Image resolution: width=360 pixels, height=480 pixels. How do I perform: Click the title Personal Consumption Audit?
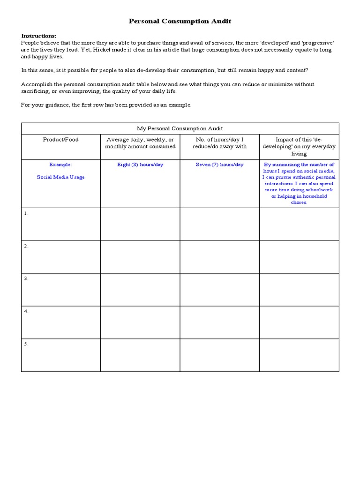pos(180,22)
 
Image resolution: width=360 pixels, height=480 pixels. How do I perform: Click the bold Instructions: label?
pos(38,36)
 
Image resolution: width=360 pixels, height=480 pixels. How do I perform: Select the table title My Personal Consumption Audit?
pos(180,128)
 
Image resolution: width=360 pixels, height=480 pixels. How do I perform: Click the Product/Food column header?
pos(61,140)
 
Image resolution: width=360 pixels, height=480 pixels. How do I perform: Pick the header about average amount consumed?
pos(140,143)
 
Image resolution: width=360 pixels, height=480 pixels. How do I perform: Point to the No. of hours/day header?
pos(219,143)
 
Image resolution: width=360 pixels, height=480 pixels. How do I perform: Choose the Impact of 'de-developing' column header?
pos(299,146)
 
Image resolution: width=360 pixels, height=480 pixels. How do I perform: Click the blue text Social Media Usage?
pos(61,177)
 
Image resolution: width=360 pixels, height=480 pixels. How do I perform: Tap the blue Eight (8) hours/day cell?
pos(140,165)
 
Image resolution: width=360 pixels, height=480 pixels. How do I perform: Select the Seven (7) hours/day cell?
pos(219,165)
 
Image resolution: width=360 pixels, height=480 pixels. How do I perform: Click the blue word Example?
pos(61,165)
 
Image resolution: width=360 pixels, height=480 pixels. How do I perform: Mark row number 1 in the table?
pos(26,213)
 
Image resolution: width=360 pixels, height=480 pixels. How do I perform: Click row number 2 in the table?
pos(26,246)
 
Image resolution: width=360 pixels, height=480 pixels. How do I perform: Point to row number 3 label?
pos(26,278)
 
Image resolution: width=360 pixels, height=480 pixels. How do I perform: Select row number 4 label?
pos(26,311)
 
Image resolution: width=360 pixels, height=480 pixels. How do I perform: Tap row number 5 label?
pos(26,344)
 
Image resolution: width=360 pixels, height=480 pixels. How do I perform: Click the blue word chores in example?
pos(299,202)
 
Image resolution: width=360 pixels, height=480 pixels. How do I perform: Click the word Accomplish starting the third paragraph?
pos(36,84)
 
